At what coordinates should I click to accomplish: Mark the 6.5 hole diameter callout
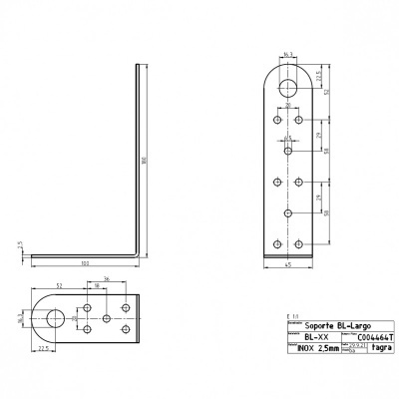288,140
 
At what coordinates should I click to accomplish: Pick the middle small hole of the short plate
106,318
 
